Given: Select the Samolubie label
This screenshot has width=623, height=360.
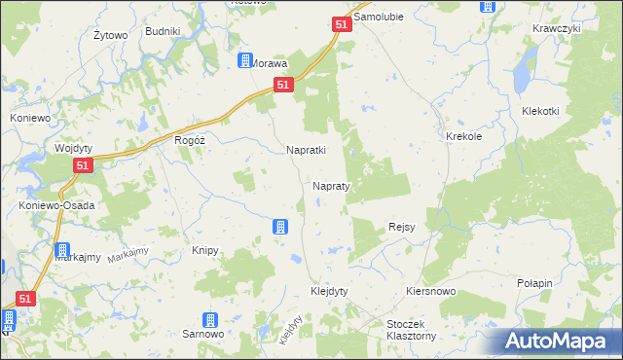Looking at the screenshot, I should (x=380, y=18).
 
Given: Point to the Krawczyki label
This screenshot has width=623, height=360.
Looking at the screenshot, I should (x=557, y=28).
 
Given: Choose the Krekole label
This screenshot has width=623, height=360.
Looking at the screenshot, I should (x=464, y=137).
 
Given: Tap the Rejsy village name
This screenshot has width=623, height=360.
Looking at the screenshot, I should (x=402, y=227).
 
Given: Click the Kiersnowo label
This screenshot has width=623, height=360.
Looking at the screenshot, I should (x=430, y=291).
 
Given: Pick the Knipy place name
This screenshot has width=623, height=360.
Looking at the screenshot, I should (x=204, y=250).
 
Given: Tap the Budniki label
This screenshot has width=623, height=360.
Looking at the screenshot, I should (x=163, y=31).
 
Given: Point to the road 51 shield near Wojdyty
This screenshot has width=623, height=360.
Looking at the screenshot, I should (x=83, y=167).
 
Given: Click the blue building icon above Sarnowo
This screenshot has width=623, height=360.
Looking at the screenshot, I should (x=208, y=319).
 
